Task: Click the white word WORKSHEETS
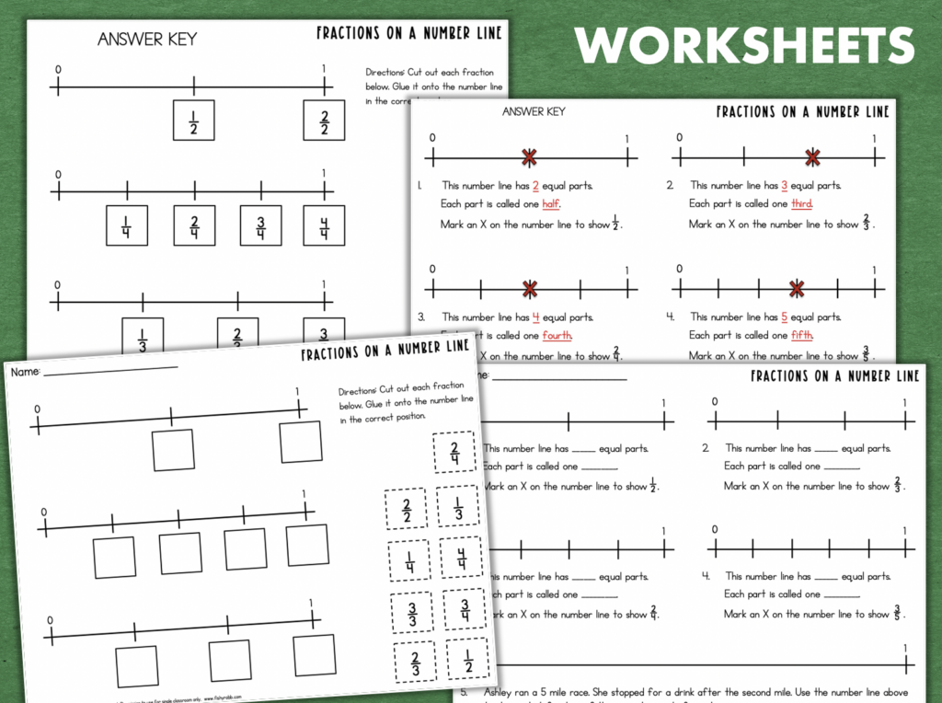point(744,45)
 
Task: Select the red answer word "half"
point(551,203)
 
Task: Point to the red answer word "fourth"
point(557,335)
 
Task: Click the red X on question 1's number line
point(529,157)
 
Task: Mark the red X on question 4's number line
point(797,289)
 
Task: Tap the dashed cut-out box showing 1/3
point(456,509)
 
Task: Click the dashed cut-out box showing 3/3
point(411,612)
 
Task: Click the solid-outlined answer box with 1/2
point(193,121)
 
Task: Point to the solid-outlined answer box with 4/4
point(324,225)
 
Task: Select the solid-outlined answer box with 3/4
point(260,225)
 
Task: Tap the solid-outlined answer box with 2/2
point(324,121)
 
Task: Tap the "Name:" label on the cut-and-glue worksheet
point(25,372)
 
